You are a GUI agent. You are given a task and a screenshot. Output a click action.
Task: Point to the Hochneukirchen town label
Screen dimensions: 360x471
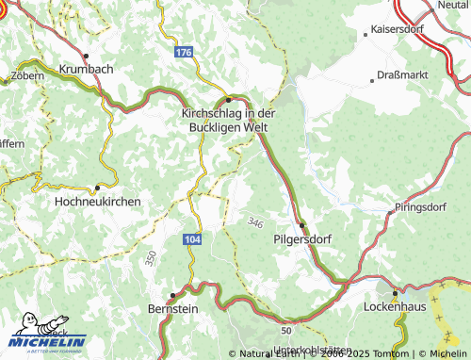point(98,202)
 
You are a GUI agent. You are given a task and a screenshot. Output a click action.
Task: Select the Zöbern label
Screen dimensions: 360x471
point(26,74)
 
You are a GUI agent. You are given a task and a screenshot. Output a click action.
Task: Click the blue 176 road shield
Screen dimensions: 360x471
point(184,53)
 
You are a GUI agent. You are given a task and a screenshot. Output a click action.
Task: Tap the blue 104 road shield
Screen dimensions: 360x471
point(192,240)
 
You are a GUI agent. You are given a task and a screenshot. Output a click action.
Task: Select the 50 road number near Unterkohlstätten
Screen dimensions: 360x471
point(285,331)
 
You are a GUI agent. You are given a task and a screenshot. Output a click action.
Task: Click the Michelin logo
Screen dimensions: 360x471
point(47,338)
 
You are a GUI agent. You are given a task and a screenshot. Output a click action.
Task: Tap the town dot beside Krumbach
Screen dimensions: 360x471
point(86,56)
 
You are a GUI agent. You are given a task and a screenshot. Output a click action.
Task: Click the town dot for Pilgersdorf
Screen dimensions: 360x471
point(301,225)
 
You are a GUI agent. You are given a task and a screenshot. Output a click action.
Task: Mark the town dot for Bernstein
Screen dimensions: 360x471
point(172,294)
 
